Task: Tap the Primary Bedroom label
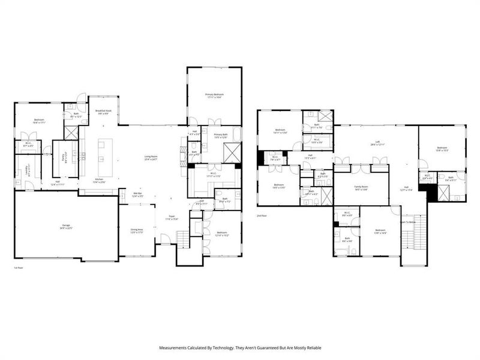click(214, 95)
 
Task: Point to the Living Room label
click(150, 158)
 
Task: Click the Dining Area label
click(137, 231)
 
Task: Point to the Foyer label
click(172, 217)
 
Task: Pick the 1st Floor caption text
click(18, 268)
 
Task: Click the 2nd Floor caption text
click(261, 215)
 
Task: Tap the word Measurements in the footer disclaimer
click(175, 347)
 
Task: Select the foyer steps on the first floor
click(165, 241)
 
